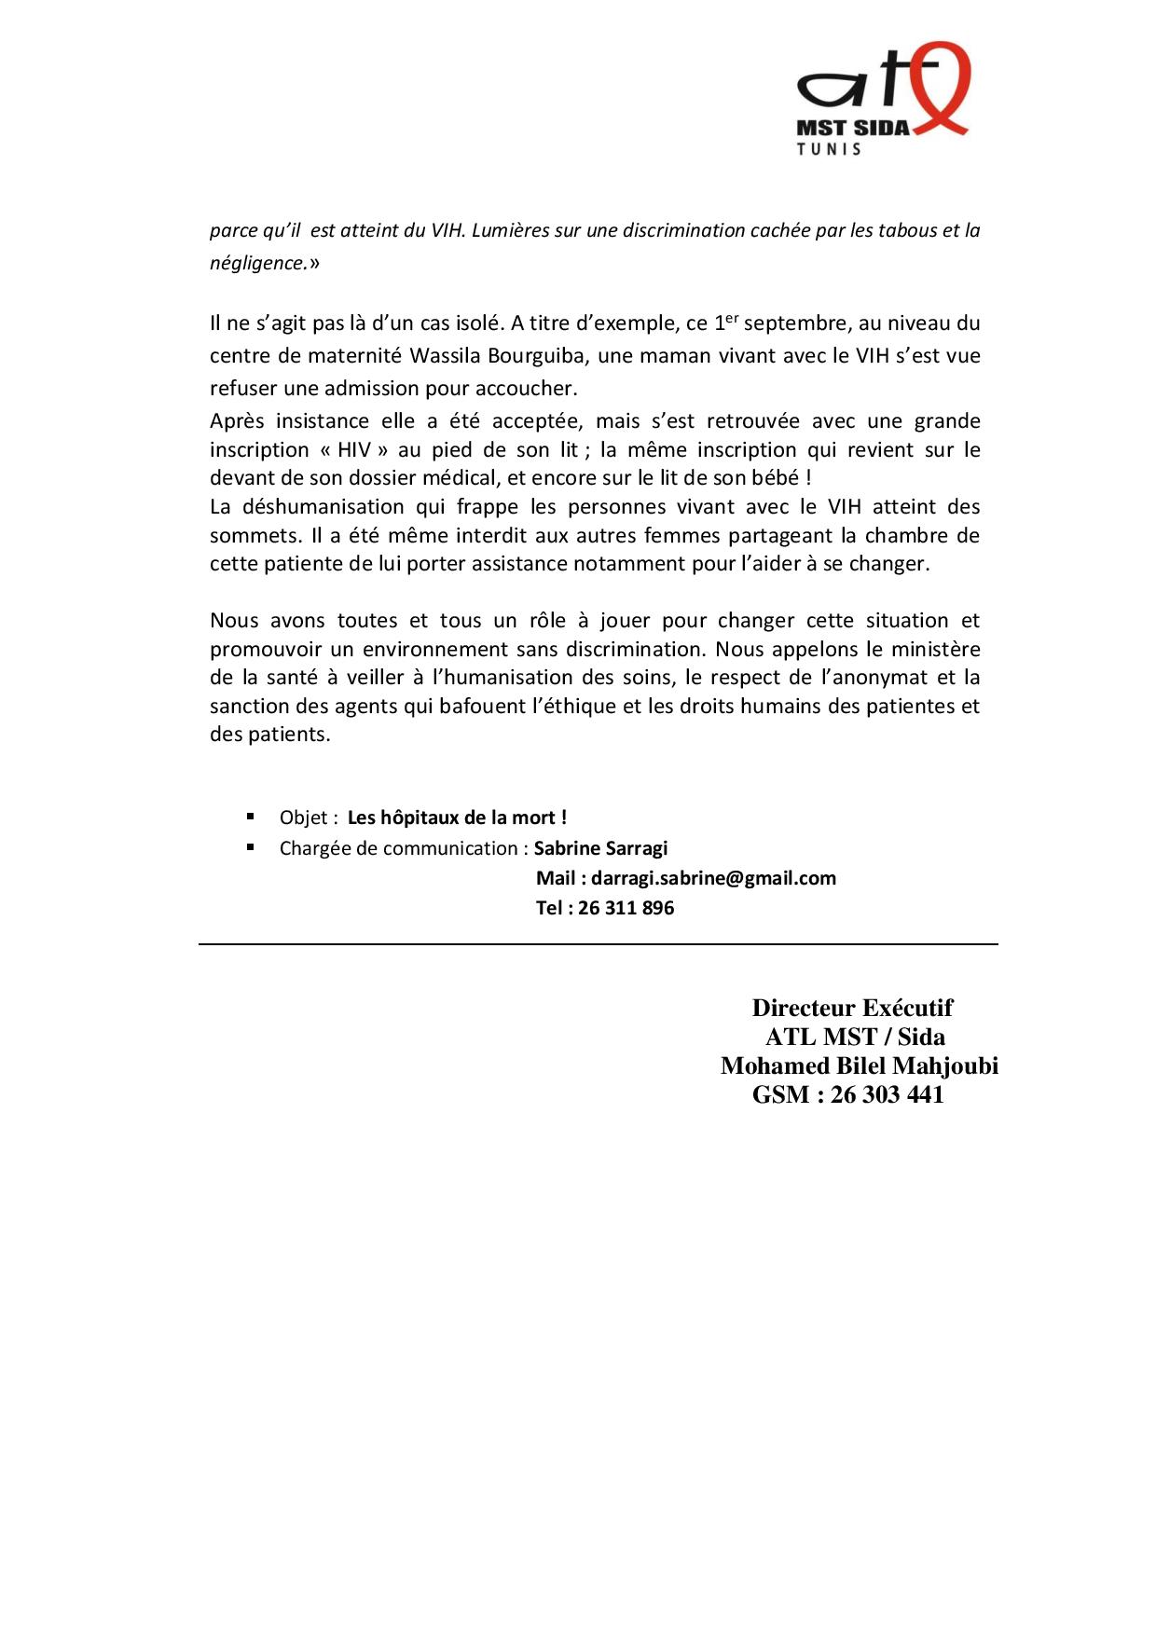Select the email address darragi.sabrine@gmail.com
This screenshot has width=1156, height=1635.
pyautogui.click(x=713, y=878)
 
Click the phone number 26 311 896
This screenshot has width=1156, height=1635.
pyautogui.click(x=626, y=908)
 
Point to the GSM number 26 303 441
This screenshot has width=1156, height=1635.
pyautogui.click(x=887, y=1095)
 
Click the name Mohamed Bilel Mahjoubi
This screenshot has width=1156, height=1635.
pyautogui.click(x=859, y=1066)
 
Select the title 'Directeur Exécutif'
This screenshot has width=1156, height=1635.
pyautogui.click(x=852, y=1009)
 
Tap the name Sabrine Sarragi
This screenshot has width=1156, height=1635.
pyautogui.click(x=600, y=848)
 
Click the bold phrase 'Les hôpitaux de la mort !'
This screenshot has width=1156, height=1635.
pyautogui.click(x=457, y=818)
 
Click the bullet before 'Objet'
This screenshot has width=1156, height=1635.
pyautogui.click(x=251, y=817)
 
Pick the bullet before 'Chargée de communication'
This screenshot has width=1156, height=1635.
pyautogui.click(x=251, y=847)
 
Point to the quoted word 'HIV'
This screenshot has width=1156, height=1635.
pyautogui.click(x=354, y=450)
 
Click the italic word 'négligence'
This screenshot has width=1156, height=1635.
pyautogui.click(x=258, y=264)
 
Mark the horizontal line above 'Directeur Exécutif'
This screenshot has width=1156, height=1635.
pyautogui.click(x=598, y=945)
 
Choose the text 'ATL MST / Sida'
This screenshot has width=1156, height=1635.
pyautogui.click(x=855, y=1037)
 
